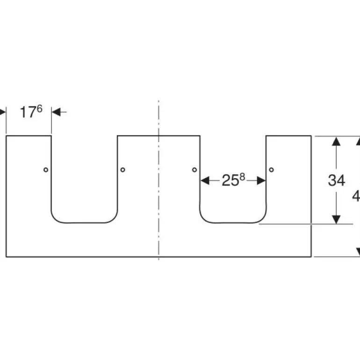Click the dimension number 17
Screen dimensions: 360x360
27,113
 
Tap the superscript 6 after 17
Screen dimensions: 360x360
39,109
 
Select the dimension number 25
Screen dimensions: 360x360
230,181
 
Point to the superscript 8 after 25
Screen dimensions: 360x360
242,177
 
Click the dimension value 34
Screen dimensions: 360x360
336,180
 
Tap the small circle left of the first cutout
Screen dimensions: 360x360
45,170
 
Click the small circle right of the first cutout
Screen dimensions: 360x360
122,169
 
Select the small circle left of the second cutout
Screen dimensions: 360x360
194,169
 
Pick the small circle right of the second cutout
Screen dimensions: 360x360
272,169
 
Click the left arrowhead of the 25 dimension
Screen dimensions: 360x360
205,180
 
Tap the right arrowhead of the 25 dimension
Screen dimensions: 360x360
261,180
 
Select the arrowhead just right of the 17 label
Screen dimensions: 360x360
56,112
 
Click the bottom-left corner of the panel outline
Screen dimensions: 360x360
6,257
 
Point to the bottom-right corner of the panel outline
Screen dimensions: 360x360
311,257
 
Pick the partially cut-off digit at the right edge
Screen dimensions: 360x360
356,197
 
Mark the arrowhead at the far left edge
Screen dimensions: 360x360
2,112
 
